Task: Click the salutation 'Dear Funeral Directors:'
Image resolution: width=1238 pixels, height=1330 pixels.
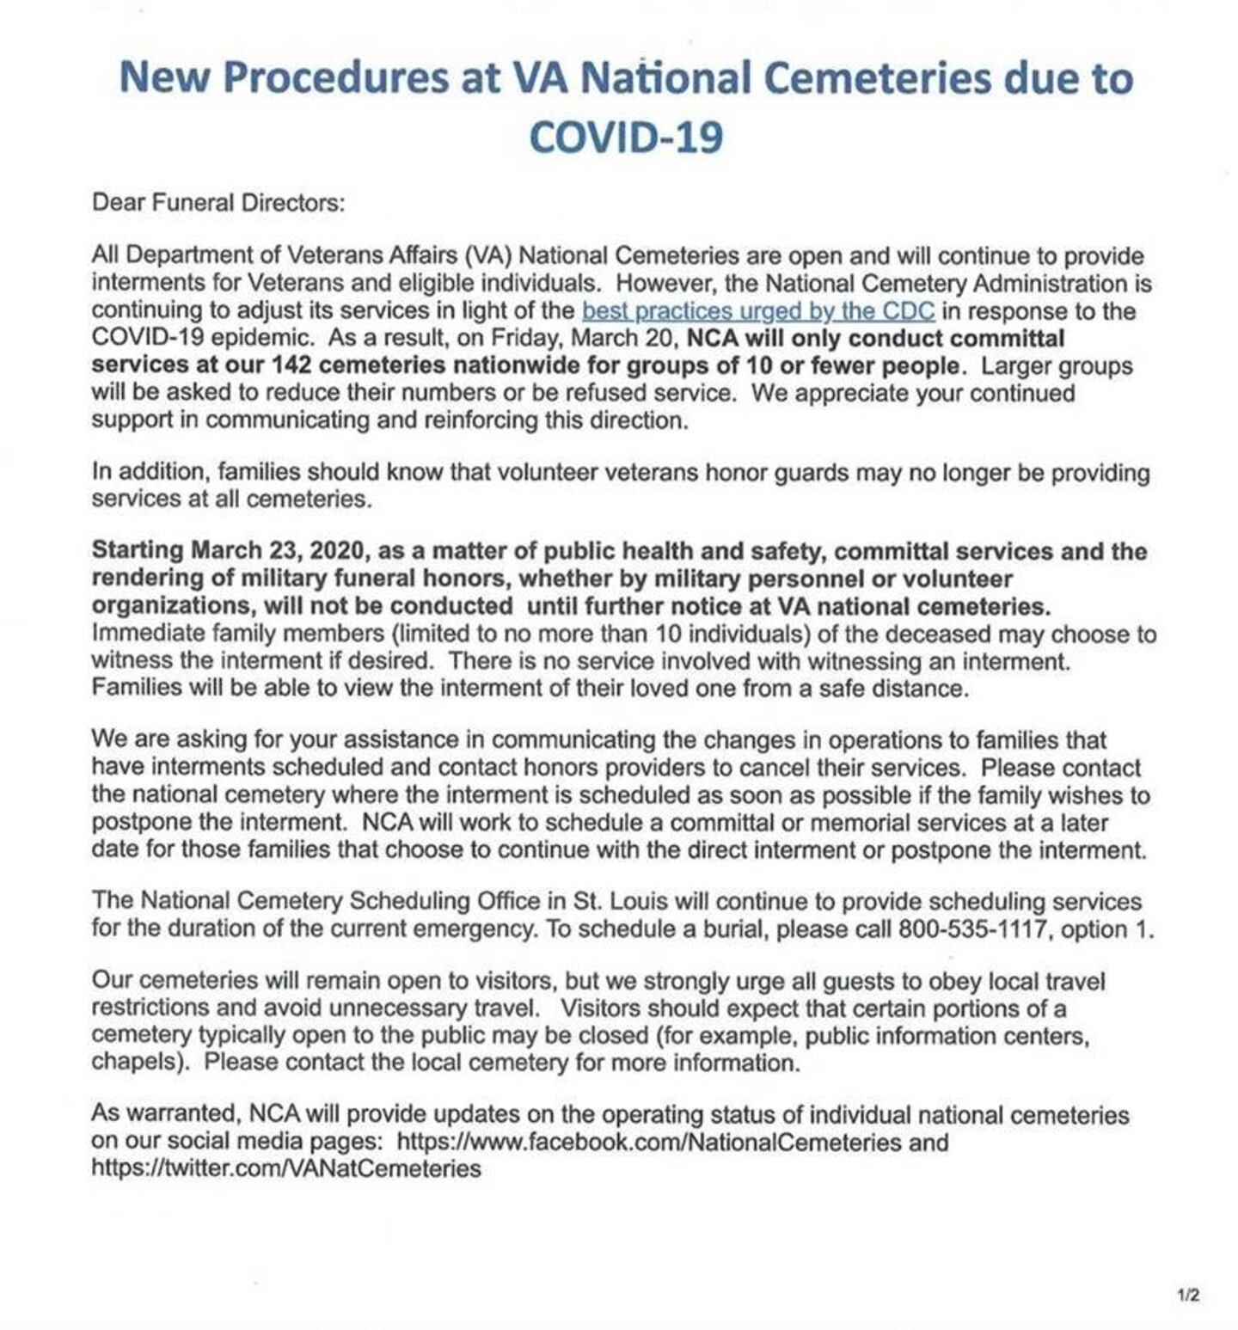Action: click(218, 203)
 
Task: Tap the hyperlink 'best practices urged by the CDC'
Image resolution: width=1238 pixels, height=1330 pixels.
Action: click(757, 310)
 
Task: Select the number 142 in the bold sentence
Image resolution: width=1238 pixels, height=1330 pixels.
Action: click(291, 365)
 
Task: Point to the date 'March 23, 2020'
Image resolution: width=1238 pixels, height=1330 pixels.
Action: click(279, 550)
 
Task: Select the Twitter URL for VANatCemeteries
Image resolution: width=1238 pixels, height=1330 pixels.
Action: click(286, 1169)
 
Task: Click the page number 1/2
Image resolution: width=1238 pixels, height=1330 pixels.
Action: click(1189, 1296)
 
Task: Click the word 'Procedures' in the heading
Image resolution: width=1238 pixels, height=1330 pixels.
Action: click(335, 77)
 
